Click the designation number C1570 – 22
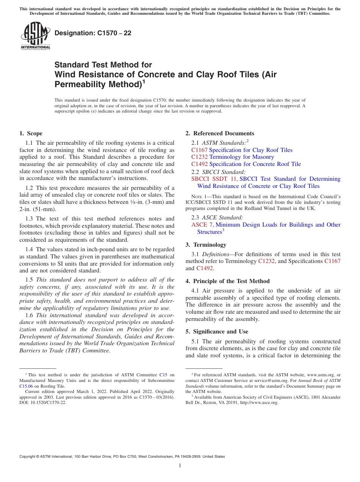[93, 33]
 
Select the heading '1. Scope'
[31, 133]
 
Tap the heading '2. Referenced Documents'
[220, 133]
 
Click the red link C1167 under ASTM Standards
[199, 150]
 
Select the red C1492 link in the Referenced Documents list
[199, 164]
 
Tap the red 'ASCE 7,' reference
[202, 225]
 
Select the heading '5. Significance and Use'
[217, 332]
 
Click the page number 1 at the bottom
[180, 466]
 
